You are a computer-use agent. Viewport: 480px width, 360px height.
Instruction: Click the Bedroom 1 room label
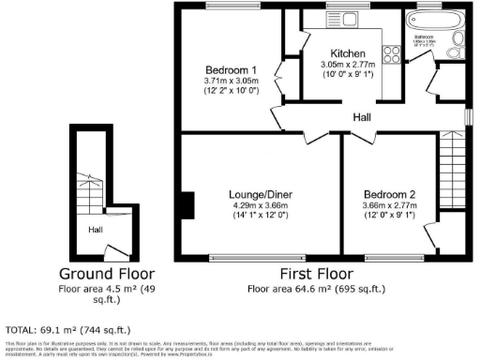click(x=231, y=71)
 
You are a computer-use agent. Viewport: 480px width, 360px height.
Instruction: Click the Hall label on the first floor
click(x=361, y=118)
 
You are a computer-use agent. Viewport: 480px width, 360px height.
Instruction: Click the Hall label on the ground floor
click(x=96, y=229)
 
